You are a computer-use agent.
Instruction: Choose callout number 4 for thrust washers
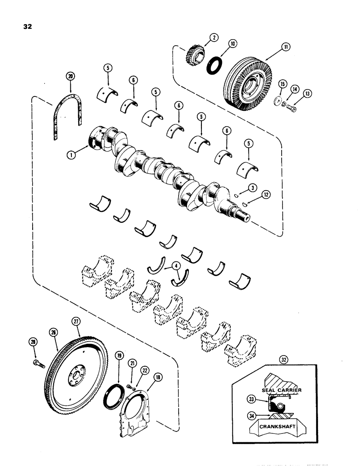click(176, 267)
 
